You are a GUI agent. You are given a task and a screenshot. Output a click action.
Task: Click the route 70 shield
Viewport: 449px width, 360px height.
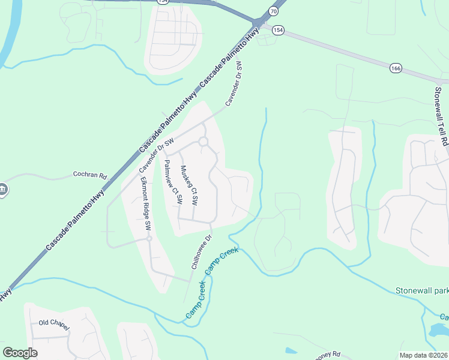coord(274,11)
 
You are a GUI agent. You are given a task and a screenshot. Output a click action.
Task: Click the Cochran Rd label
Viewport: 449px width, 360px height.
coord(89,176)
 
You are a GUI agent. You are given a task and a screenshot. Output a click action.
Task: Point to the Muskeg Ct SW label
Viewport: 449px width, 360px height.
coord(189,185)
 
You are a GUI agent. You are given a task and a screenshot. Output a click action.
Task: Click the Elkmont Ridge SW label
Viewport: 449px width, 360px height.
coord(145,204)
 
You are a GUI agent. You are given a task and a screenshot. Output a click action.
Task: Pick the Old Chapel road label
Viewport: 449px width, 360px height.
coord(55,323)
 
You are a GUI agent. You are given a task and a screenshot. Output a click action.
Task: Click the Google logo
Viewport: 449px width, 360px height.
coord(20,353)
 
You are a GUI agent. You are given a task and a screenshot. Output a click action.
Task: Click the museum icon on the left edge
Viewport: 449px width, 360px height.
coord(2,190)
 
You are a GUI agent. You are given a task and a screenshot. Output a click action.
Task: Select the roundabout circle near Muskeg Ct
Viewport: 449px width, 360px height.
coord(203,142)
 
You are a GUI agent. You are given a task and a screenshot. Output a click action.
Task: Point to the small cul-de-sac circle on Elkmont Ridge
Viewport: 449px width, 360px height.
coord(149,238)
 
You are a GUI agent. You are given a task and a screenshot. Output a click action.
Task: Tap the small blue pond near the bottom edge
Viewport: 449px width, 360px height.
coord(291,350)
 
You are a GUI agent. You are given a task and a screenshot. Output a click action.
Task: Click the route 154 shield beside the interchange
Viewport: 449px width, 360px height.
coord(278,29)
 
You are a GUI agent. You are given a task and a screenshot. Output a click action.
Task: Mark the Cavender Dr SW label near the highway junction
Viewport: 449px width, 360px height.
coord(234,84)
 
